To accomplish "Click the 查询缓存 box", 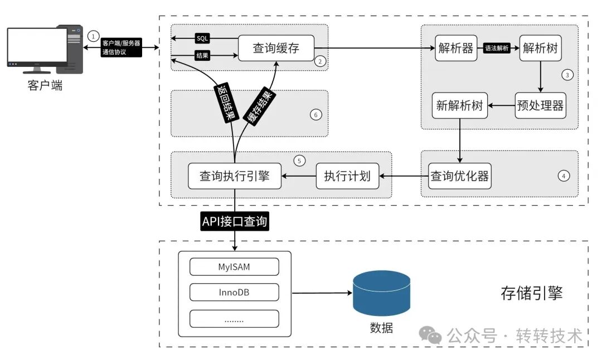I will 276,48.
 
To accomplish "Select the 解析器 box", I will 456,48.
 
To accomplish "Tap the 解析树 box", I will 540,48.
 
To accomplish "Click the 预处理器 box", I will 540,105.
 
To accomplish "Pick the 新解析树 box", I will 460,105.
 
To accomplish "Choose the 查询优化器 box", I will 460,176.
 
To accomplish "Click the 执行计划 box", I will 347,176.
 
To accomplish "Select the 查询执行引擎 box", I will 234,176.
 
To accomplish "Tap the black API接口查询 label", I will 235,222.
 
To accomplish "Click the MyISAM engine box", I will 234,267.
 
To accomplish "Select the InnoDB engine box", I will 234,293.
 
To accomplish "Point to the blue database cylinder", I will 381,293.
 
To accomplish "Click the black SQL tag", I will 202,38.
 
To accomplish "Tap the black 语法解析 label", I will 498,48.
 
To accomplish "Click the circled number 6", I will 315,115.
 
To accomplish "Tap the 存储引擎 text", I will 531,293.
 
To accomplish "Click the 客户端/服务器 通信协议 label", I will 122,48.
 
